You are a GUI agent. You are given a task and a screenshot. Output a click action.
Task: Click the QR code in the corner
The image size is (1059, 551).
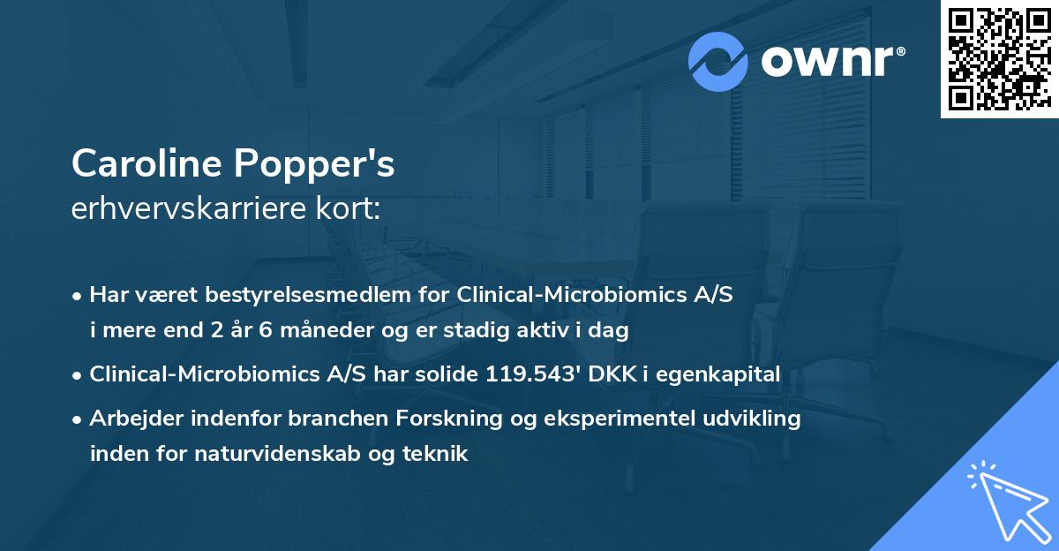[999, 59]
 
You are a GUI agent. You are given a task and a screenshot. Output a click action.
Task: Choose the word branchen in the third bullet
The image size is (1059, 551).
[304, 419]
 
